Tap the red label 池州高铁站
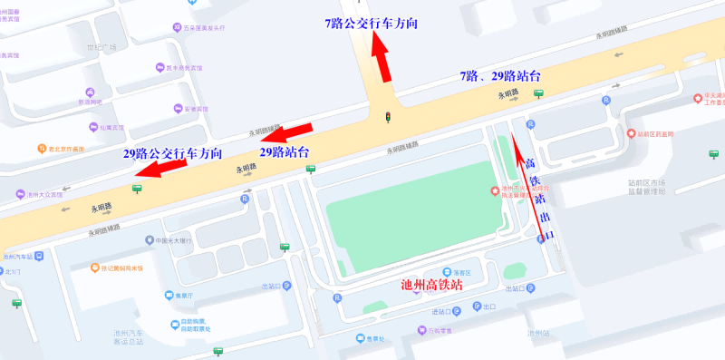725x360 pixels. (431, 284)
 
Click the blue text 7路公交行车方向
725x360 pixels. (371, 24)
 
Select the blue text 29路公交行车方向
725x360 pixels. (172, 154)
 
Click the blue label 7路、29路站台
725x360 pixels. (500, 75)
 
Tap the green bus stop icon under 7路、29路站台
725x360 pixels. (538, 93)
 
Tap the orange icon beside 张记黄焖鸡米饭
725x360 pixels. (94, 268)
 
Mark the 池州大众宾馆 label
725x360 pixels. (43, 195)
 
